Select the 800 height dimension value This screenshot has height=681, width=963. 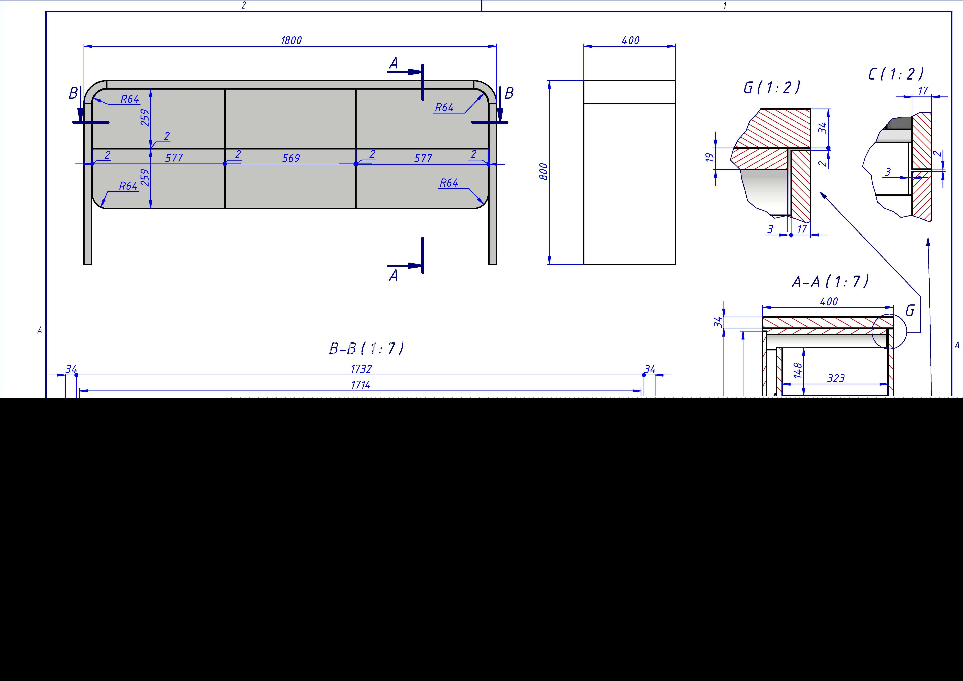coord(543,172)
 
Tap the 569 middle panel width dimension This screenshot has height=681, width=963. coord(291,158)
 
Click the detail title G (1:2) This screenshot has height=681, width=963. coord(772,87)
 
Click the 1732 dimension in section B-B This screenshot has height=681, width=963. coord(361,369)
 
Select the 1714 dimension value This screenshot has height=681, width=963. coord(361,385)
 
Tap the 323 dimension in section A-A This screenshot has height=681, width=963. coord(836,378)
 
